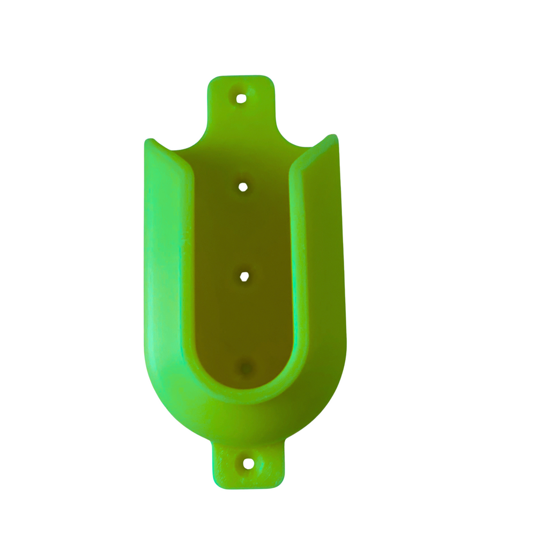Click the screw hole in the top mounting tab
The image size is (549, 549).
click(241, 98)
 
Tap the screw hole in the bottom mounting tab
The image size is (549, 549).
click(248, 464)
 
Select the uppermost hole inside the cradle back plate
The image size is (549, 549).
click(243, 187)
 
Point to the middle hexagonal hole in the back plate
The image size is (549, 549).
click(244, 277)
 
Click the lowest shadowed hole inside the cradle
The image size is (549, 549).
click(246, 368)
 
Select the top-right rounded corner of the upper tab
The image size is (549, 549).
click(269, 81)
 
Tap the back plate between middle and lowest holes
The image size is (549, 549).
click(244, 322)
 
